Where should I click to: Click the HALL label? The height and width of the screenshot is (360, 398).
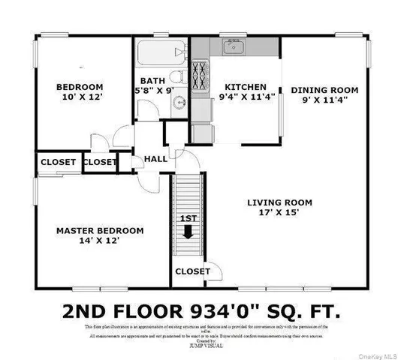point(156,159)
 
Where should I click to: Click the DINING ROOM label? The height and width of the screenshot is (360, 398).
point(324,90)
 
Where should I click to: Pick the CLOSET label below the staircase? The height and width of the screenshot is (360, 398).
point(192,271)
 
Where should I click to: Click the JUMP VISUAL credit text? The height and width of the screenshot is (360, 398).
point(199,347)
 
